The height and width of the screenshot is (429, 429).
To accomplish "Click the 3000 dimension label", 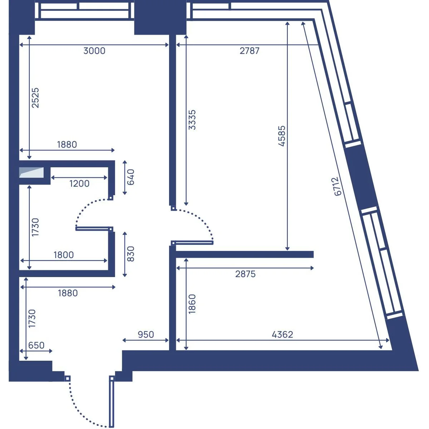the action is pyautogui.click(x=94, y=51).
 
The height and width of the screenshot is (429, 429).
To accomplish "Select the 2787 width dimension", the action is pyautogui.click(x=250, y=51).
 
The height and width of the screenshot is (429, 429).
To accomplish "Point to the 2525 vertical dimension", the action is pyautogui.click(x=35, y=98).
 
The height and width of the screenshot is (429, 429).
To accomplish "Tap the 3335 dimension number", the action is pyautogui.click(x=192, y=119).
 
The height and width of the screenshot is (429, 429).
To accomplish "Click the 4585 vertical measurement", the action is pyautogui.click(x=282, y=136).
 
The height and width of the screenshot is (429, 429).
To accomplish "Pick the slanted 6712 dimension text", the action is pyautogui.click(x=338, y=186).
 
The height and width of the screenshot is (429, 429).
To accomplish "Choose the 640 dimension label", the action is pyautogui.click(x=131, y=177).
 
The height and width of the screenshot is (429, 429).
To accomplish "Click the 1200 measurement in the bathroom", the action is pyautogui.click(x=79, y=184).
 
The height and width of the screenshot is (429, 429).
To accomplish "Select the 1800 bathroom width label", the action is pyautogui.click(x=64, y=255).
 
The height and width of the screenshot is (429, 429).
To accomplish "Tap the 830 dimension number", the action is pyautogui.click(x=131, y=254).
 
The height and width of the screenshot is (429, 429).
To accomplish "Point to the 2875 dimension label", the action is pyautogui.click(x=245, y=274).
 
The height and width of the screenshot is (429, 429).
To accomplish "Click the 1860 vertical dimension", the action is pyautogui.click(x=192, y=304).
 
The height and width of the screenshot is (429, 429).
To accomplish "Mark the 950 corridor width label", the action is pyautogui.click(x=146, y=335).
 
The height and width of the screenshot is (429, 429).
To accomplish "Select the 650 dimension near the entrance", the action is pyautogui.click(x=36, y=345).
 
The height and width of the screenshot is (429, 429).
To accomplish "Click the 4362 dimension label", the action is pyautogui.click(x=282, y=335).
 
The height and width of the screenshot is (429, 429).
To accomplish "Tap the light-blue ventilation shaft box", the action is pyautogui.click(x=31, y=173).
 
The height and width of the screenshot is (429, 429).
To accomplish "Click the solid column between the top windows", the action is pyautogui.click(x=160, y=18).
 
